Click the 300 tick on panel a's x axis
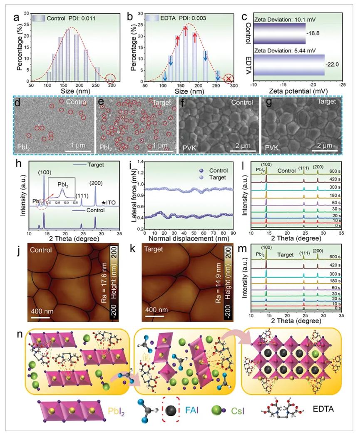(123, 85)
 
